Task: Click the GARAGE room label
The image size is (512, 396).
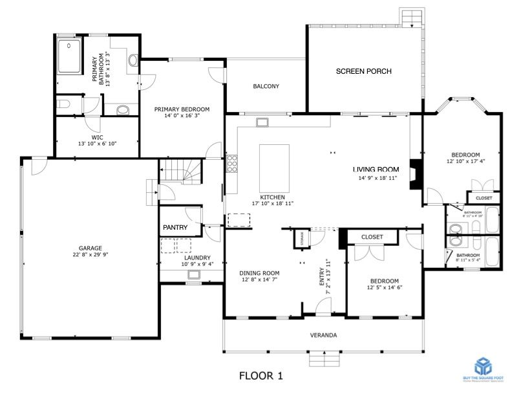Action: (91, 248)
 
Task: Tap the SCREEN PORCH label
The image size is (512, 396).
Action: (363, 71)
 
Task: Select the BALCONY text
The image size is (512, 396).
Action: (266, 86)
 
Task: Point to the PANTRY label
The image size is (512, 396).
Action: (175, 228)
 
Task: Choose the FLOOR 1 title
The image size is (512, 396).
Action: (261, 375)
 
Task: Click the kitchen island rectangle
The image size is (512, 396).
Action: (274, 166)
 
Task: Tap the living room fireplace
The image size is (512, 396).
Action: (416, 174)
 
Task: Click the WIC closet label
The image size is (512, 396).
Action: (97, 137)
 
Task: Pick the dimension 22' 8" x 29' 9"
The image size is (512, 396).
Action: (91, 255)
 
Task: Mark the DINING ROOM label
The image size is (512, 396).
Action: (259, 272)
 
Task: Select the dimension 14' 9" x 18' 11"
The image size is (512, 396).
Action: (378, 177)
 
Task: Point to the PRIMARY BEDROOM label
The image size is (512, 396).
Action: (182, 109)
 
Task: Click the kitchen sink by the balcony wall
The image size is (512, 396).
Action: (262, 122)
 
